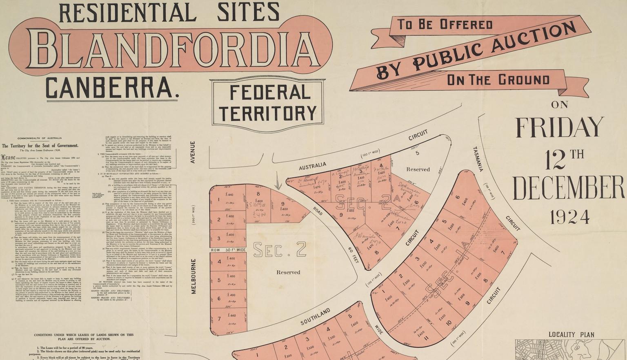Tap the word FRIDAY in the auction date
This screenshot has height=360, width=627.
[x=560, y=128]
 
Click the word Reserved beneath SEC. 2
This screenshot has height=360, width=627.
[x=288, y=272]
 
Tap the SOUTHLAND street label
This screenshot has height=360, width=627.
[x=316, y=317]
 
